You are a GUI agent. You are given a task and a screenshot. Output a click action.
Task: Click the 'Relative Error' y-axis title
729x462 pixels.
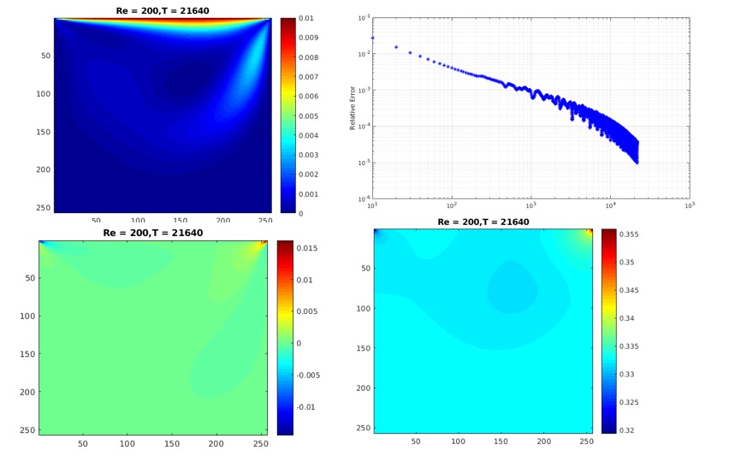click(x=353, y=108)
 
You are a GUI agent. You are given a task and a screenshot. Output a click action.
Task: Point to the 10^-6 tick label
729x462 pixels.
click(x=364, y=199)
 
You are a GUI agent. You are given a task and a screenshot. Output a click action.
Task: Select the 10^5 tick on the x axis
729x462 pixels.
click(x=690, y=205)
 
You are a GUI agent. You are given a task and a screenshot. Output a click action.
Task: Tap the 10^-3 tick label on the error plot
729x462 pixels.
click(x=364, y=90)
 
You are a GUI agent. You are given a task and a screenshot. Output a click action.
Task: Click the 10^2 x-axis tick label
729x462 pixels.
click(x=452, y=205)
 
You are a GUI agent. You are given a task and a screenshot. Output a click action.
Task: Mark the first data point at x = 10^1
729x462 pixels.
click(x=372, y=38)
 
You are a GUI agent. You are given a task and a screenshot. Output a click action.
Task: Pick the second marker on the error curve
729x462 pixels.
click(x=396, y=47)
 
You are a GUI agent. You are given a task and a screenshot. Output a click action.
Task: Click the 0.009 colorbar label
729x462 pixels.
click(x=308, y=38)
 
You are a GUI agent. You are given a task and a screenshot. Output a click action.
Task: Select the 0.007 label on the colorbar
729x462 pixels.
click(x=308, y=77)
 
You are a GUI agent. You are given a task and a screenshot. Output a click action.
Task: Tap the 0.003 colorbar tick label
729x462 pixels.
click(x=308, y=155)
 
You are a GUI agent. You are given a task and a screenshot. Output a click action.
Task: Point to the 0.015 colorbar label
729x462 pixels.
click(x=307, y=248)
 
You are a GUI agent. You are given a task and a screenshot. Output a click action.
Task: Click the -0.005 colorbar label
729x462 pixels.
click(x=308, y=375)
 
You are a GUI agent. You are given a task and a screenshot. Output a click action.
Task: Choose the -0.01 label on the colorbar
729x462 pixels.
click(x=306, y=407)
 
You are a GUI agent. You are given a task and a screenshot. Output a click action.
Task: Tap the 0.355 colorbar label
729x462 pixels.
click(x=629, y=234)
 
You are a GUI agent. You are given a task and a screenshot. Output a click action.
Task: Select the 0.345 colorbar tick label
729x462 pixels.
click(x=629, y=291)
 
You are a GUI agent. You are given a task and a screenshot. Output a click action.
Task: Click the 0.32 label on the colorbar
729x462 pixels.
click(x=626, y=430)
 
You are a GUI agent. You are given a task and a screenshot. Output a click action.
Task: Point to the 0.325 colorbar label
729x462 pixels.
click(x=629, y=402)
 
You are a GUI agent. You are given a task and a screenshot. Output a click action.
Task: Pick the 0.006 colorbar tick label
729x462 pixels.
click(x=308, y=96)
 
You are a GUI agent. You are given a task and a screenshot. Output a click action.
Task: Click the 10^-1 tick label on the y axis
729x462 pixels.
click(x=364, y=18)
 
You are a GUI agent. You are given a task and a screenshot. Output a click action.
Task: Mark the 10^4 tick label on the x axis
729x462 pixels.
click(x=610, y=205)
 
